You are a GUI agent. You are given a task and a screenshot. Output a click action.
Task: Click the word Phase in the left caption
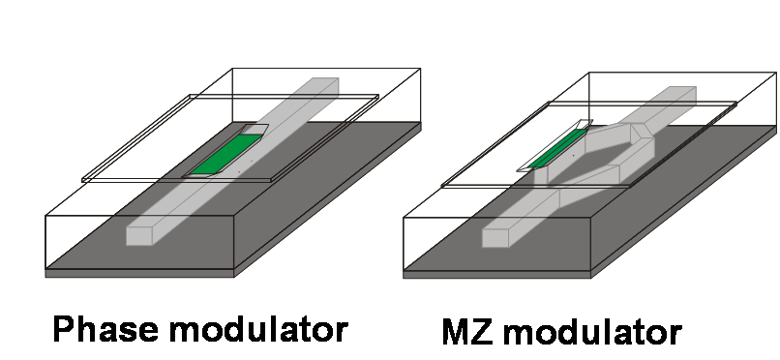tap(105, 329)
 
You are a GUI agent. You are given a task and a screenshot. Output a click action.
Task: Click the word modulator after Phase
tap(258, 329)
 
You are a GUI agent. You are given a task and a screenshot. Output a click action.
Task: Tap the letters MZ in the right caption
tap(467, 332)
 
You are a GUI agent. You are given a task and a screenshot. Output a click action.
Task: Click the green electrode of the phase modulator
tap(226, 154)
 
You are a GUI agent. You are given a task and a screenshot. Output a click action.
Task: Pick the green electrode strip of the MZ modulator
tap(557, 148)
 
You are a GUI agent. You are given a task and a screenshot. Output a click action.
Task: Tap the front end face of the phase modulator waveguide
tap(138, 236)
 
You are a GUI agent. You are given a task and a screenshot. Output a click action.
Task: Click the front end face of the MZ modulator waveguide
tap(495, 238)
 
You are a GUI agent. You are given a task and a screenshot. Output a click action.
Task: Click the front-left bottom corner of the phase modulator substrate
tap(45, 277)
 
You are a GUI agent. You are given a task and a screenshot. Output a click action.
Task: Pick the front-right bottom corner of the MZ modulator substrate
tap(591, 278)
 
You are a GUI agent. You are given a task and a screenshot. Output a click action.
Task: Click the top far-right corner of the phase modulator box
tap(420, 69)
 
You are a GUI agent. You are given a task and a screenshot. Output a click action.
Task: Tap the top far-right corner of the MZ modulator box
tap(776, 74)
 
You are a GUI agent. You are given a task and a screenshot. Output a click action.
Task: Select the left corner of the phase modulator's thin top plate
tap(82, 179)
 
